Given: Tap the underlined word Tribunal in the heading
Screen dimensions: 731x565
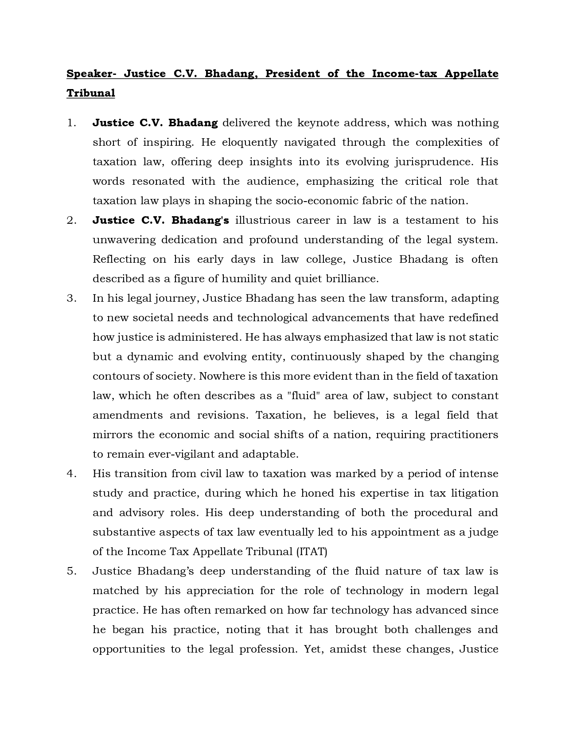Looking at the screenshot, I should click(x=91, y=93).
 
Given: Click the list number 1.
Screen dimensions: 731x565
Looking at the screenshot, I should click(x=72, y=123).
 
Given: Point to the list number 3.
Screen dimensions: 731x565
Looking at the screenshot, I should click(x=72, y=298).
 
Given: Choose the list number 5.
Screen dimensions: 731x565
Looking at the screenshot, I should click(x=72, y=571).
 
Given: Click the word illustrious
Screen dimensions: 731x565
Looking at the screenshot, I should click(x=263, y=220).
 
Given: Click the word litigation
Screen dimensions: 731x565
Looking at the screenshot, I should click(x=474, y=493).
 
